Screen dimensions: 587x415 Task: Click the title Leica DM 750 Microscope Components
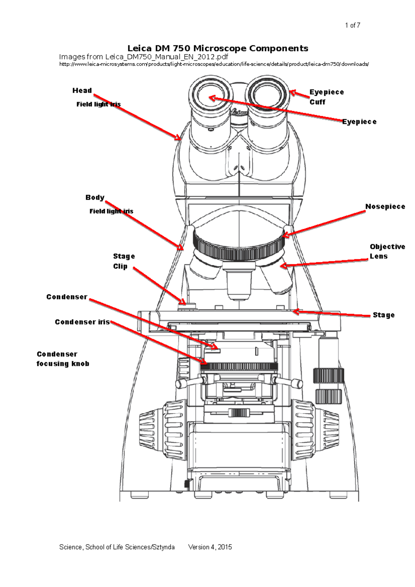point(218,48)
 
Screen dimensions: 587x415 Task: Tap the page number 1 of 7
point(352,25)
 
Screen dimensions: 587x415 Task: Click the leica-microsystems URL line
point(214,64)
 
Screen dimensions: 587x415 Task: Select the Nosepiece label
point(385,206)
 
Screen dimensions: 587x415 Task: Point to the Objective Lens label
point(387,251)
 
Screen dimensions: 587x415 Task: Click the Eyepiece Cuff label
point(326,97)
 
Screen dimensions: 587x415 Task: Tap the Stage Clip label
point(123,261)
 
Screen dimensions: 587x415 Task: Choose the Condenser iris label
point(82,322)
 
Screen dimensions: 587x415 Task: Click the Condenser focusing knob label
point(63,359)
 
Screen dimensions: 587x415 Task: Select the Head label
point(82,91)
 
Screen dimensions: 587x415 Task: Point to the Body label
point(95,197)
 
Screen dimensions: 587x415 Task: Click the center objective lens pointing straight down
point(239,282)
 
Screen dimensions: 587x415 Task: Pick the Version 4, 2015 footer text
point(210,547)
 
